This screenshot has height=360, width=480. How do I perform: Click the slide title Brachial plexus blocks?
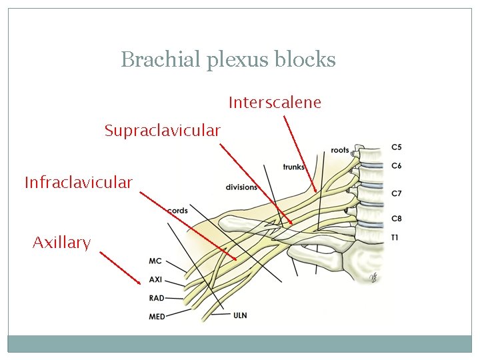pos(228,60)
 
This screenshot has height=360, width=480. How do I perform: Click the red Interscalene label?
pos(275,103)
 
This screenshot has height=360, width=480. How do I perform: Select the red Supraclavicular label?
pos(162,131)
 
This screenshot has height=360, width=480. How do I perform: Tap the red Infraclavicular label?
pos(79,182)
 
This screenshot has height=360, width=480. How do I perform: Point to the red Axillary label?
pos(61,243)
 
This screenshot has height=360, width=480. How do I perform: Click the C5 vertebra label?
pos(397,147)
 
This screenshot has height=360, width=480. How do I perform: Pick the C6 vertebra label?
pos(397,166)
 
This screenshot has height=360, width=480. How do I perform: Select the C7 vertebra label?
pos(397,193)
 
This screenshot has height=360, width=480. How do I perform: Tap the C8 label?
pos(397,219)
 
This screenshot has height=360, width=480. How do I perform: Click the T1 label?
pos(395,237)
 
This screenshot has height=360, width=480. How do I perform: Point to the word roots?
pos(339,151)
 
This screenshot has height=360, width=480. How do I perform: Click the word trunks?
pos(294,167)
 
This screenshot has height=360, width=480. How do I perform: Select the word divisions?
pos(241,187)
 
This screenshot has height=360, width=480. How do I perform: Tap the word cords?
pos(178,211)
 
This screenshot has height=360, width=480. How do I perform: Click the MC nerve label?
pos(155,261)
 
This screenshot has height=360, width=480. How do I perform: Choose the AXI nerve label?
pos(156,280)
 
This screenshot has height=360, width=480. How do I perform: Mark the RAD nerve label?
pos(157,299)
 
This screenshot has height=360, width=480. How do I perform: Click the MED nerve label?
pos(157,317)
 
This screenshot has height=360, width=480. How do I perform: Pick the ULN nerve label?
pos(240,315)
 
